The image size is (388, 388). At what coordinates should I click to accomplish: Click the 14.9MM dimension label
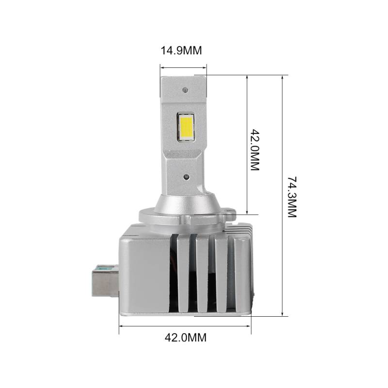181,50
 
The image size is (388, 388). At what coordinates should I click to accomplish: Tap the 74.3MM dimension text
292,197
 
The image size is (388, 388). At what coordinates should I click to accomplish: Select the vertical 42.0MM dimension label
255,149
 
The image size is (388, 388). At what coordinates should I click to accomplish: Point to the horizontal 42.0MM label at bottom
185,337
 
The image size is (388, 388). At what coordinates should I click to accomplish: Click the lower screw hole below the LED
186,177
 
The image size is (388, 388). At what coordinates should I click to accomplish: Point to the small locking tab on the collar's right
230,211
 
